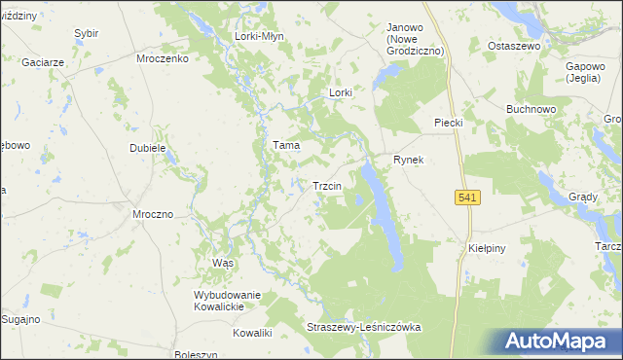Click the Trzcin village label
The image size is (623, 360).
(325, 186)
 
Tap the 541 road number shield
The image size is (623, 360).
(467, 198)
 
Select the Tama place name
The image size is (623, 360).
(285, 145)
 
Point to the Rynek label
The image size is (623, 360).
(408, 160)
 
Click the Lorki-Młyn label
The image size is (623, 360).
(258, 36)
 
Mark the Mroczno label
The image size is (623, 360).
(153, 214)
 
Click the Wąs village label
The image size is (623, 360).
(223, 264)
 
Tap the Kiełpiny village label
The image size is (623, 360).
(485, 248)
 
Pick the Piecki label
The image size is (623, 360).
(447, 123)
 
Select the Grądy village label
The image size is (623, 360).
(583, 196)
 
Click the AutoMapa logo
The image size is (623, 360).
(560, 342)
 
